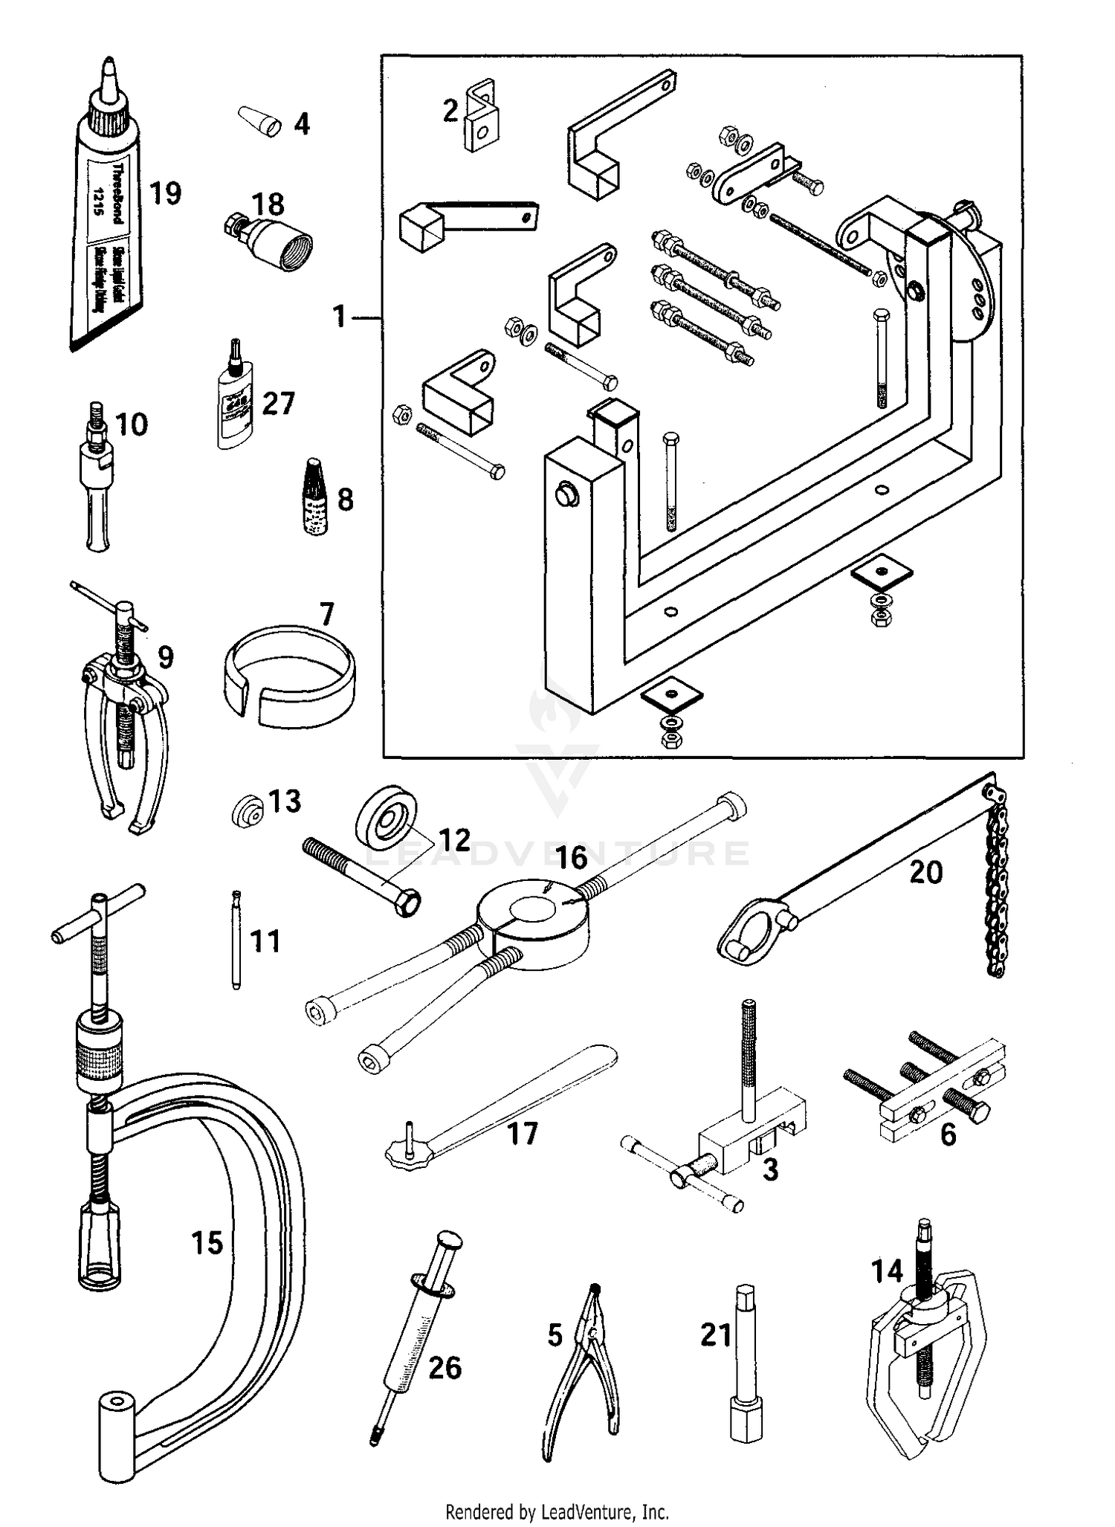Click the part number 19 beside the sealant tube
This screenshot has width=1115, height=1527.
coord(165,193)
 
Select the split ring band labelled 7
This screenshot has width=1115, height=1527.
coord(290,675)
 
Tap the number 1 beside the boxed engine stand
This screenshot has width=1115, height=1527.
coord(339,317)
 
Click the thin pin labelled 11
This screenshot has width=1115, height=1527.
coord(236,940)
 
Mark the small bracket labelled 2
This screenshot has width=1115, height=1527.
coord(481,117)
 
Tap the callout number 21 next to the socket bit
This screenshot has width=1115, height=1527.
coord(717,1334)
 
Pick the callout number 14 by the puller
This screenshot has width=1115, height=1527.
coord(887,1271)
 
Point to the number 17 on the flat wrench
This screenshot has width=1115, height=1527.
coord(522,1134)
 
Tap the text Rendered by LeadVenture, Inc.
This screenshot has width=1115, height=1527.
coord(557,1511)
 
